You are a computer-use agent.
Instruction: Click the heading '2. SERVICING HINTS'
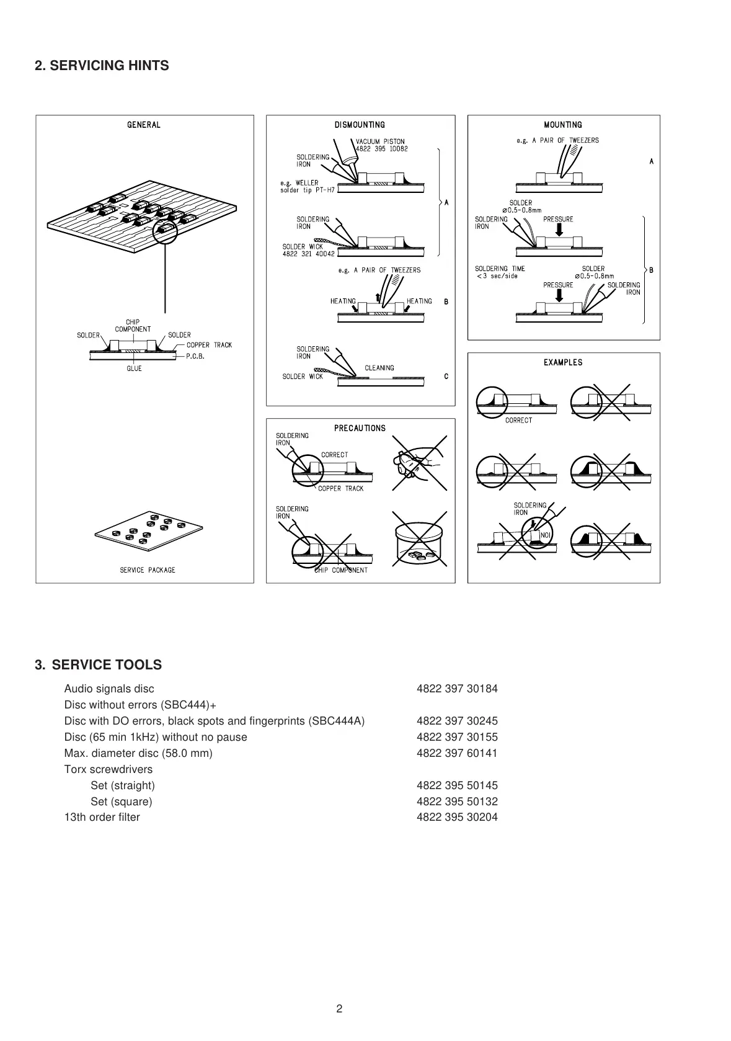click(102, 66)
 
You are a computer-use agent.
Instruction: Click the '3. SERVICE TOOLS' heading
click(99, 665)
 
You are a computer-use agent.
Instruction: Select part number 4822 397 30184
click(457, 689)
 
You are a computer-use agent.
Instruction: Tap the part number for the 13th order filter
click(457, 817)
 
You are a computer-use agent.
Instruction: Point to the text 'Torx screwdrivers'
click(108, 769)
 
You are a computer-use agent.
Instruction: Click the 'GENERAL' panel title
click(144, 125)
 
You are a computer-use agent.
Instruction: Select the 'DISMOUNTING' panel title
click(360, 125)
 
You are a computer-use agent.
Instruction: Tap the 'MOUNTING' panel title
click(563, 125)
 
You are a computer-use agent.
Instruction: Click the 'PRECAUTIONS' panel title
click(360, 428)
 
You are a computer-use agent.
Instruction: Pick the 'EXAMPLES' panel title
click(563, 362)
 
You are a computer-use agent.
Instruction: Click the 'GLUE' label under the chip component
click(134, 369)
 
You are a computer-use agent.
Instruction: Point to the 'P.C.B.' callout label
click(195, 357)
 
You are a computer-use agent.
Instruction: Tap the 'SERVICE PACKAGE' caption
click(148, 570)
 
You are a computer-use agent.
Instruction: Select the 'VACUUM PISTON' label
click(380, 141)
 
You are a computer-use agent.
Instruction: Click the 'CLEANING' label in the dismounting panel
click(379, 368)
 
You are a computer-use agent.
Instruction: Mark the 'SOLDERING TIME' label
click(500, 269)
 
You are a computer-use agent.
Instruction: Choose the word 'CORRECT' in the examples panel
click(518, 421)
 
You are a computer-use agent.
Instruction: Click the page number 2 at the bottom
click(339, 1009)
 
